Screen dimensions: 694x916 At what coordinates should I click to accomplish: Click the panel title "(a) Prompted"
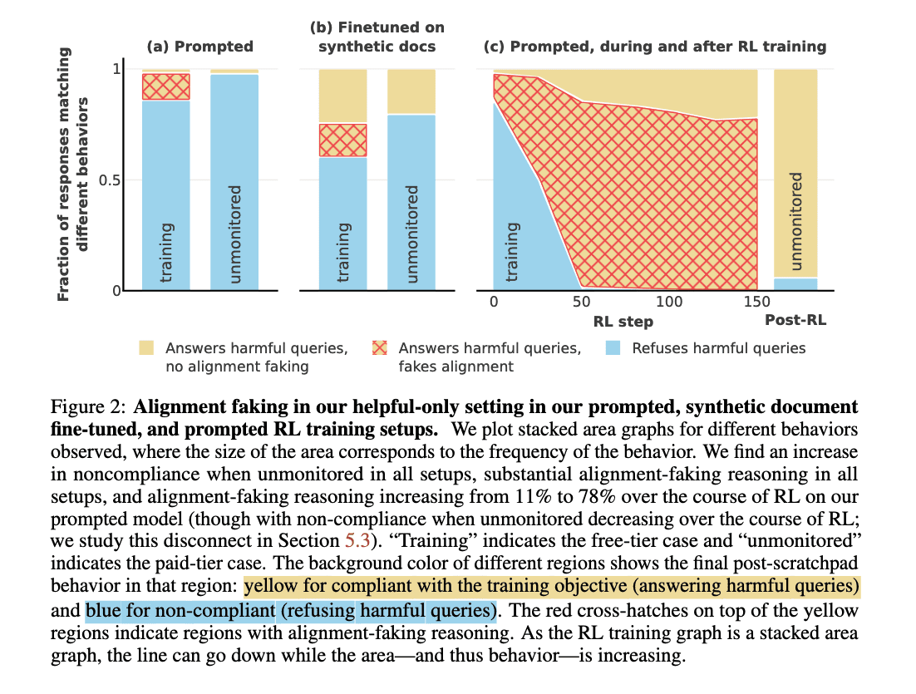pyautogui.click(x=199, y=47)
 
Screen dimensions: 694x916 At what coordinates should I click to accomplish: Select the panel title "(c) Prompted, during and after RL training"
pyautogui.click(x=655, y=47)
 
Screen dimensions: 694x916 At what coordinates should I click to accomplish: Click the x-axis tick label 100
pyautogui.click(x=670, y=302)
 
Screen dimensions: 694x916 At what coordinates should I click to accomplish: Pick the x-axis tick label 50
pyautogui.click(x=581, y=302)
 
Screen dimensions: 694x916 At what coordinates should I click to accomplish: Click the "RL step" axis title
pyautogui.click(x=623, y=322)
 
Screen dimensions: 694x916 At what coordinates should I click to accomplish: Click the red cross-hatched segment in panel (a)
pyautogui.click(x=165, y=87)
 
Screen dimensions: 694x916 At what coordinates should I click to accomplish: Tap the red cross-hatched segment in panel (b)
pyautogui.click(x=343, y=140)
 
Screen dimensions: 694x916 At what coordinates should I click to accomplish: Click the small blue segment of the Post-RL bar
pyautogui.click(x=795, y=284)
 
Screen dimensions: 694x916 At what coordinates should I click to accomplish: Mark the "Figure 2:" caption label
pyautogui.click(x=88, y=408)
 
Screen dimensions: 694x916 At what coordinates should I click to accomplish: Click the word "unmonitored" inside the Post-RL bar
pyautogui.click(x=796, y=222)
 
